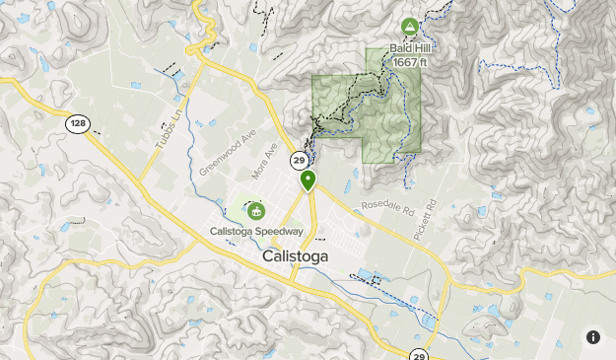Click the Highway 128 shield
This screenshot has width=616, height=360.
(x=78, y=124)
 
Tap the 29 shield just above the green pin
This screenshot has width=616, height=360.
(x=298, y=160)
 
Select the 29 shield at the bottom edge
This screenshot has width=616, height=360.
(x=419, y=355)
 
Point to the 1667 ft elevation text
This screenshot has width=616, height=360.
(x=410, y=62)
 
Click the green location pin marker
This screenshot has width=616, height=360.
(x=308, y=180)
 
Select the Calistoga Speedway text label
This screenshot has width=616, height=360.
(x=255, y=232)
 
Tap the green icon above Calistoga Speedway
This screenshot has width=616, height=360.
(x=256, y=210)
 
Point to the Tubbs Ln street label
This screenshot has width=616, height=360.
(x=169, y=129)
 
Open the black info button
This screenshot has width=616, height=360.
(x=593, y=337)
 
